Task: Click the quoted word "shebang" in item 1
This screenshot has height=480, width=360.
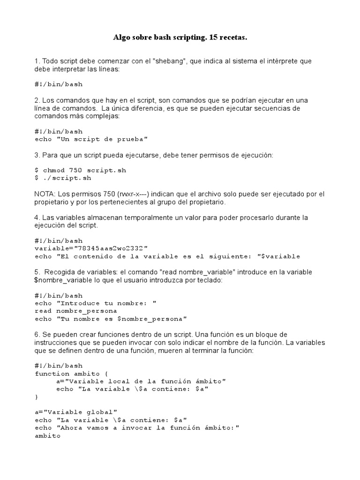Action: (x=170, y=61)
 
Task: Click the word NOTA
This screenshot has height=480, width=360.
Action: (x=44, y=194)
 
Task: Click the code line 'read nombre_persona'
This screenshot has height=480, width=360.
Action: (x=76, y=311)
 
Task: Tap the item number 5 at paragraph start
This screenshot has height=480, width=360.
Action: (x=37, y=272)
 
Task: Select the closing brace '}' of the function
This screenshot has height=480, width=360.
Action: (x=37, y=397)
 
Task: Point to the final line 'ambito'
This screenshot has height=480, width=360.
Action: (x=47, y=435)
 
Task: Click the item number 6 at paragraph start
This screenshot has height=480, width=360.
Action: (x=37, y=335)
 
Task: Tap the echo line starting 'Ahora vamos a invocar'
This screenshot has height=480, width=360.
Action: (x=137, y=427)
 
